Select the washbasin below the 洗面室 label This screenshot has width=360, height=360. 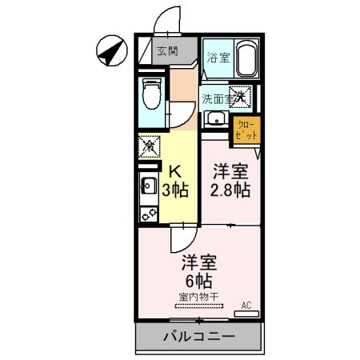pyautogui.click(x=215, y=121)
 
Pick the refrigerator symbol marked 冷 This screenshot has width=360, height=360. pyautogui.click(x=147, y=147)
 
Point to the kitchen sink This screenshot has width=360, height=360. pyautogui.click(x=147, y=190)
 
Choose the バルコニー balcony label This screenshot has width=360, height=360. pyautogui.click(x=199, y=336)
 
